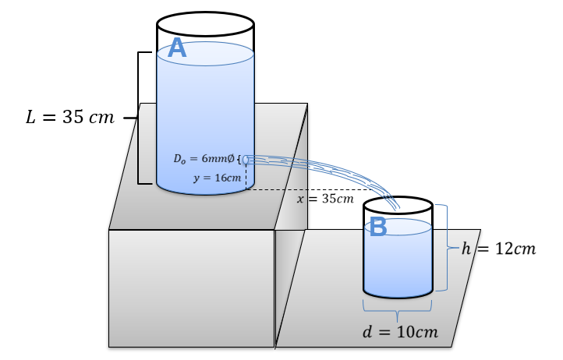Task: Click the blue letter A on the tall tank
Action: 177,48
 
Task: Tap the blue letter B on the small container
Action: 378,227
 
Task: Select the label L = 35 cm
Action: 69,118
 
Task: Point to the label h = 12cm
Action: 498,249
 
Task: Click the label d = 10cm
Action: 400,332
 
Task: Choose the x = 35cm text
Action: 325,199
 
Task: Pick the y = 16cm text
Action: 217,178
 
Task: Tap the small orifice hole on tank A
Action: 246,159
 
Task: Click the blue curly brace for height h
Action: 446,248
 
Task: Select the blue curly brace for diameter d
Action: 398,312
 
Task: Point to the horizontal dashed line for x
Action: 312,189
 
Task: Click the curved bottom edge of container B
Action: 398,297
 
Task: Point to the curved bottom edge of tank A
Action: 205,192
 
